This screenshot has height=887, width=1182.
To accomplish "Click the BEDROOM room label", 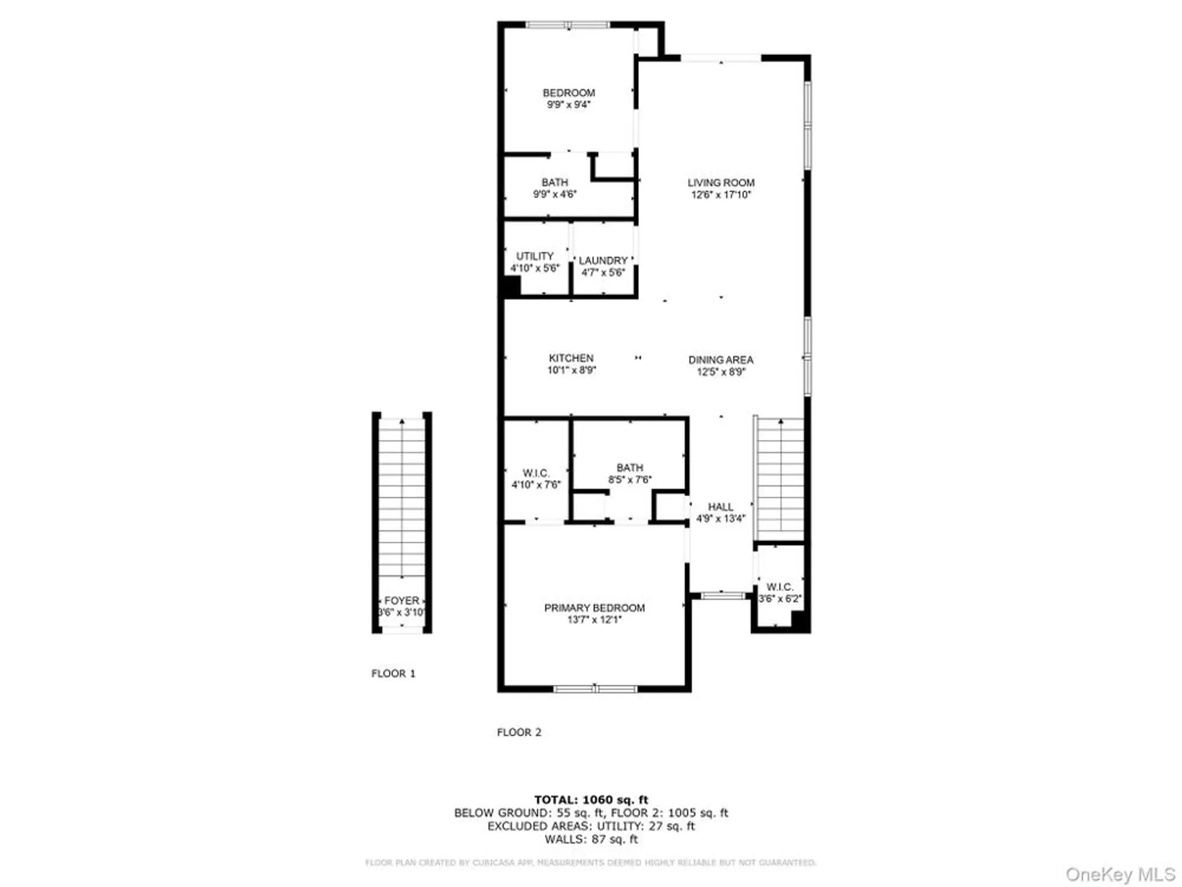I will click(x=569, y=93).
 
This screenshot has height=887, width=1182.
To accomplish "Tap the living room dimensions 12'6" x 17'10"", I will click(x=720, y=195).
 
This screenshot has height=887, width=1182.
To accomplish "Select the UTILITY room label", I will click(x=534, y=256).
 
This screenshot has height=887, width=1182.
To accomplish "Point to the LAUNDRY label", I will click(x=603, y=261).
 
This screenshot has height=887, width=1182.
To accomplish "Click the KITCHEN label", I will click(x=571, y=358).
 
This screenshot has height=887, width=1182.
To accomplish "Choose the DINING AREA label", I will click(x=720, y=360).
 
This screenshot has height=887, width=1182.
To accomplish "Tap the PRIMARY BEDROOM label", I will click(x=594, y=608).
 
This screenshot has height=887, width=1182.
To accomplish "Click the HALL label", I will click(x=720, y=507).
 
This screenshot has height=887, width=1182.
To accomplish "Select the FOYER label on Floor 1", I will click(x=401, y=600).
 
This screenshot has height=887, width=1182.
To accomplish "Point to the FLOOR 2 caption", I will click(x=519, y=732).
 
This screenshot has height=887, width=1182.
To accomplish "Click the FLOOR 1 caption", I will click(x=393, y=674).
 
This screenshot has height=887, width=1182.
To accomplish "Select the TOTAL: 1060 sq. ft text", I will click(x=591, y=800).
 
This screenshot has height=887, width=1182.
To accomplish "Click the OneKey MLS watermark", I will click(x=1120, y=875).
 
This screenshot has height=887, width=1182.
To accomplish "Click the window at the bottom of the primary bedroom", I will click(x=595, y=689).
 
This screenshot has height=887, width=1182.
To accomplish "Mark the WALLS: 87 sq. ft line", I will click(x=591, y=839).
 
